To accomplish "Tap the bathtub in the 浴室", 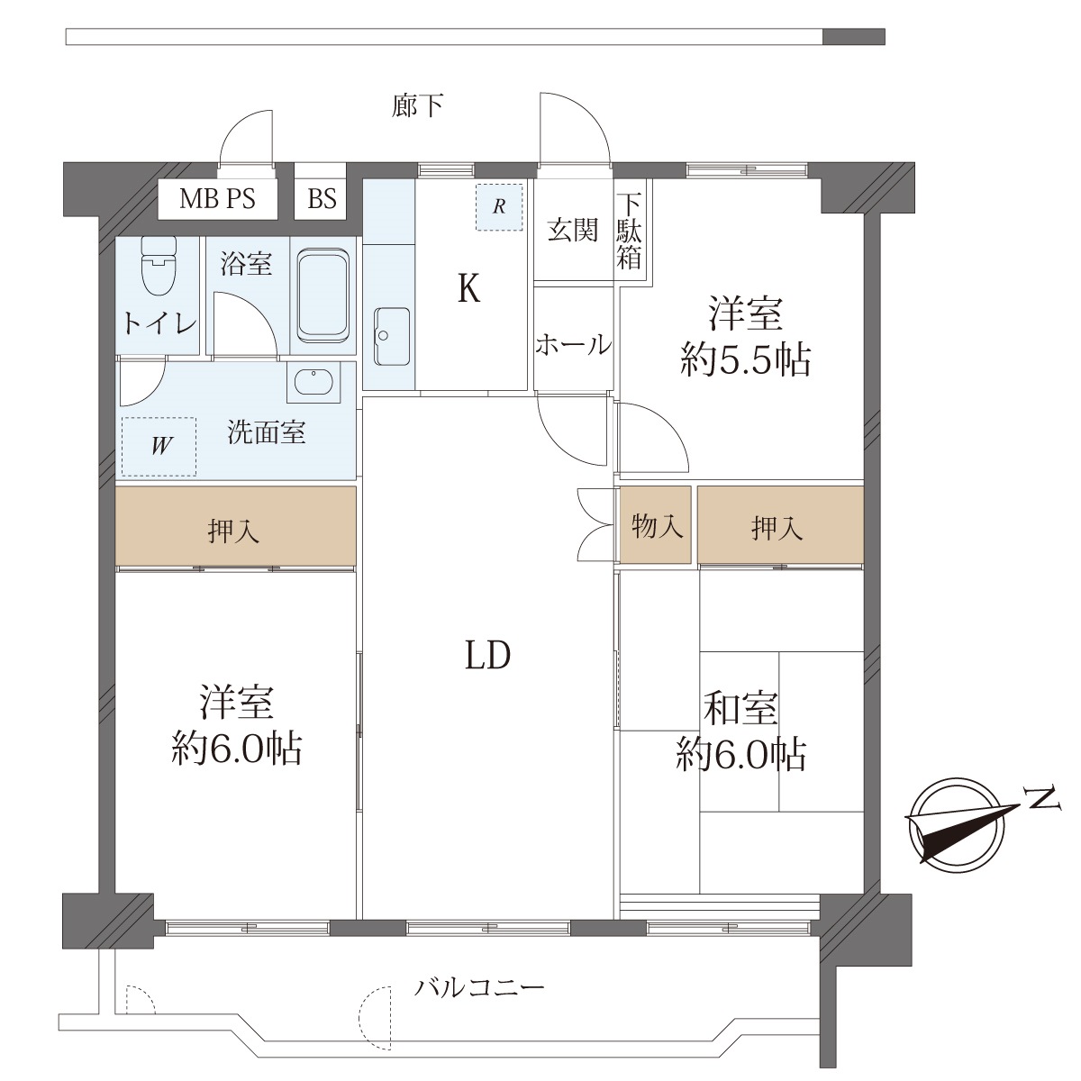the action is click(322, 295).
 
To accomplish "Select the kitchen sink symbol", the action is click(392, 336).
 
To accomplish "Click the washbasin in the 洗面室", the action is click(313, 382).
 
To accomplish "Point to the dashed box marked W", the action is click(159, 447).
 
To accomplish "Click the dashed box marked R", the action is click(499, 206).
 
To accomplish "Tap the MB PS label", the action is click(217, 198).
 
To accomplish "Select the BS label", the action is click(322, 198).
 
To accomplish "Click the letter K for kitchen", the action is click(469, 289).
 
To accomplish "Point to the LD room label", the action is click(488, 655).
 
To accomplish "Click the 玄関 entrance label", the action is click(573, 230).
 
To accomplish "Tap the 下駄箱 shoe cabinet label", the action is click(629, 232).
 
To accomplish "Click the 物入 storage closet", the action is click(655, 525).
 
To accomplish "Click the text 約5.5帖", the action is click(746, 359).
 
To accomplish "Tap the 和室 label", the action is click(740, 709).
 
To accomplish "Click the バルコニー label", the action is click(479, 987).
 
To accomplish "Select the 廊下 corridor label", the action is click(417, 104).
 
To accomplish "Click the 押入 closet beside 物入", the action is click(780, 525).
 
